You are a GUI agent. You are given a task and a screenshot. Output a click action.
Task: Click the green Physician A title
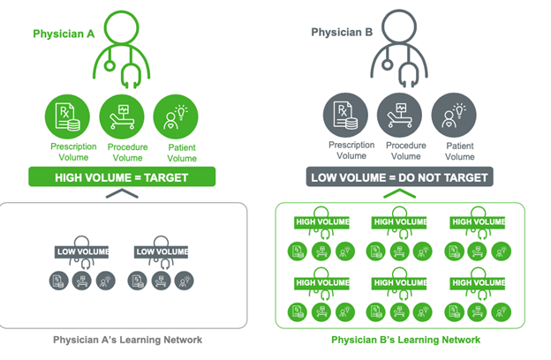pyautogui.click(x=64, y=34)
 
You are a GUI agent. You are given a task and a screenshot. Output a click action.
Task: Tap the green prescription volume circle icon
pyautogui.click(x=69, y=116)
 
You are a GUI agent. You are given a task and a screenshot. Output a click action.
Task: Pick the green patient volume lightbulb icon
pyautogui.click(x=176, y=116)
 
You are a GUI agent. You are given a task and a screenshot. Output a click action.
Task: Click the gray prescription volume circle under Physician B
pyautogui.click(x=345, y=116)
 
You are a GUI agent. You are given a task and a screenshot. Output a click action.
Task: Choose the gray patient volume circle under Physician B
pyautogui.click(x=453, y=116)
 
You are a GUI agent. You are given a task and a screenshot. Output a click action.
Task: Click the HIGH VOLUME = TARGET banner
pyautogui.click(x=122, y=176)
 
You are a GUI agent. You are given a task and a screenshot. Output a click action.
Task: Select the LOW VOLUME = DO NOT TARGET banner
pyautogui.click(x=398, y=176)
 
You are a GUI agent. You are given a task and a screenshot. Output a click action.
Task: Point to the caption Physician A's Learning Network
pyautogui.click(x=127, y=340)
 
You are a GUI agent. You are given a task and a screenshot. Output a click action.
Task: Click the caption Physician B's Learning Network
pyautogui.click(x=405, y=340)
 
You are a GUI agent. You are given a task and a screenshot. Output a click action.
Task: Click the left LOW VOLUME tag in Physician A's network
pyautogui.click(x=82, y=252)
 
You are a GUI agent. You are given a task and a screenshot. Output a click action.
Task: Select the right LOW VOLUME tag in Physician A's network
pyautogui.click(x=162, y=252)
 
